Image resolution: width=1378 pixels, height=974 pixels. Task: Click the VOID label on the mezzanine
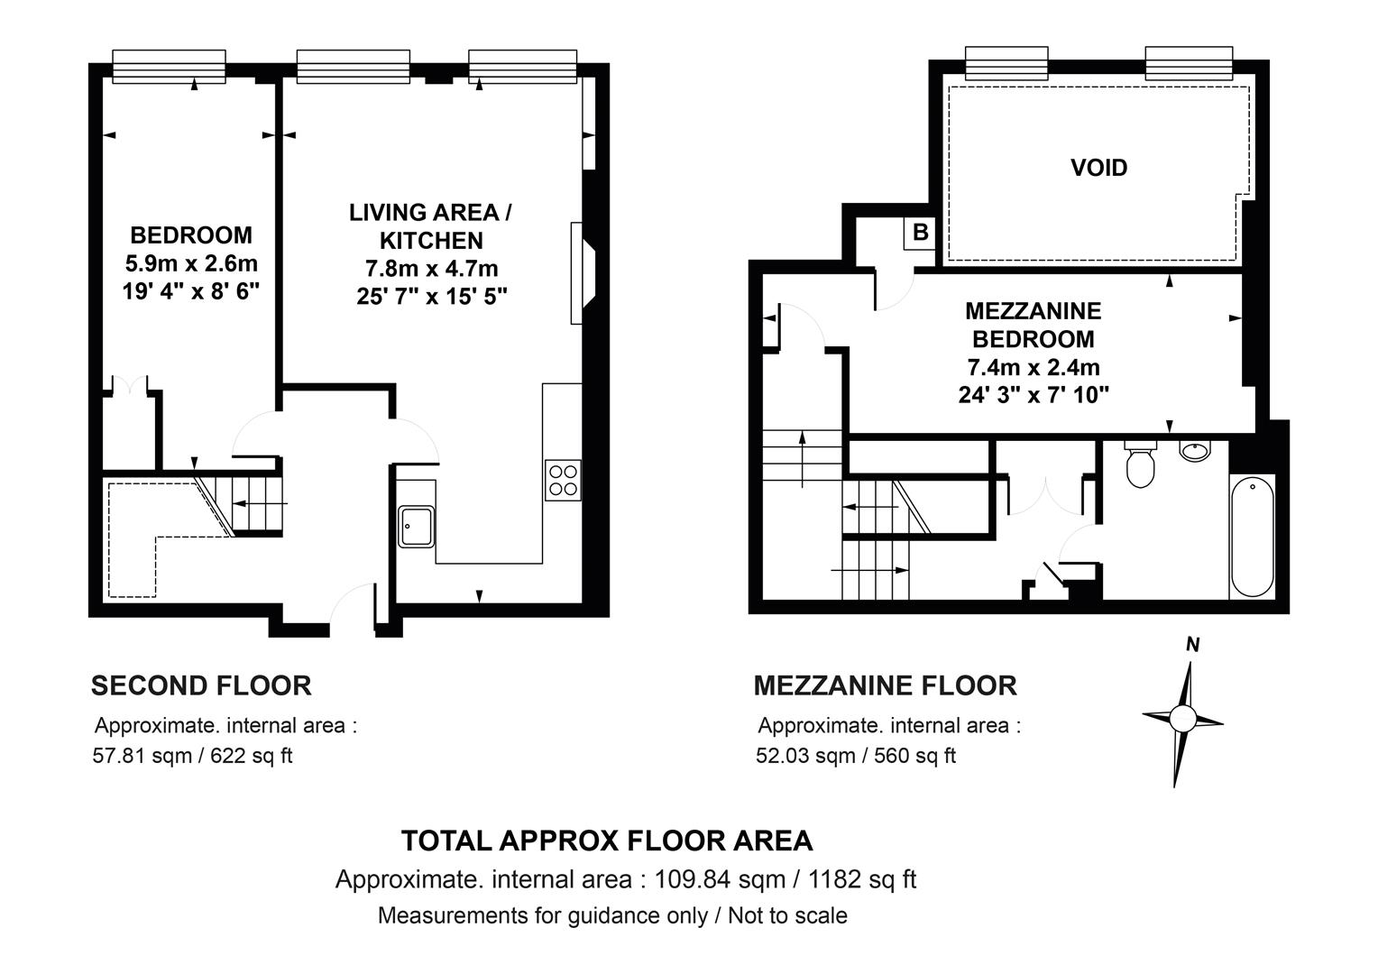(1098, 168)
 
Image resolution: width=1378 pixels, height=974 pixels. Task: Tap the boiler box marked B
(920, 233)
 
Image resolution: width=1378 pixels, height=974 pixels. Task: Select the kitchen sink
(417, 526)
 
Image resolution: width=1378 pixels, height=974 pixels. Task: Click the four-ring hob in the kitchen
(563, 480)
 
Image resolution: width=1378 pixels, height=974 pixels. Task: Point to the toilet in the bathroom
(1141, 464)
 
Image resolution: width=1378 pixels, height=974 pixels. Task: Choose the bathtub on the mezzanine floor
(1253, 536)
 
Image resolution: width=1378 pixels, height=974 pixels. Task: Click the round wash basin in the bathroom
(1195, 450)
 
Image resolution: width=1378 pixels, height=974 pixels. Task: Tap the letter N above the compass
(1192, 645)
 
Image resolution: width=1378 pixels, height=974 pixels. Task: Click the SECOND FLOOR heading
(201, 685)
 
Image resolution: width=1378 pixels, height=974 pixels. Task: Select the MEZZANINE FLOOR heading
(886, 685)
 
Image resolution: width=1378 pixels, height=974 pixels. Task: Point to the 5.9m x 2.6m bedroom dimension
(191, 263)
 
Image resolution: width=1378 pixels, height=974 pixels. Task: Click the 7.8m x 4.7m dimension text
(431, 268)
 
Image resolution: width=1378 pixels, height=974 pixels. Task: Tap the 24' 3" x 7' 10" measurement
(1033, 394)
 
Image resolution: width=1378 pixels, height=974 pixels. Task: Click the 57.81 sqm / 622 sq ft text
(193, 755)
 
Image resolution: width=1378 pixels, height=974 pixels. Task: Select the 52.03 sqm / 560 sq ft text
(856, 755)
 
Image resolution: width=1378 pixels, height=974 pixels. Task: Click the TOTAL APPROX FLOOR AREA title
(607, 841)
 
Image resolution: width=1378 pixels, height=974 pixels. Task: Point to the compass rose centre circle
(1181, 718)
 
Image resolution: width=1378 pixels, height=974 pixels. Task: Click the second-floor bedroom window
(170, 67)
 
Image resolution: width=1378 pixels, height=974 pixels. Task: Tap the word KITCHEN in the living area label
(431, 241)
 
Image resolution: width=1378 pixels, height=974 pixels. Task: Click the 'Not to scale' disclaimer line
(612, 915)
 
